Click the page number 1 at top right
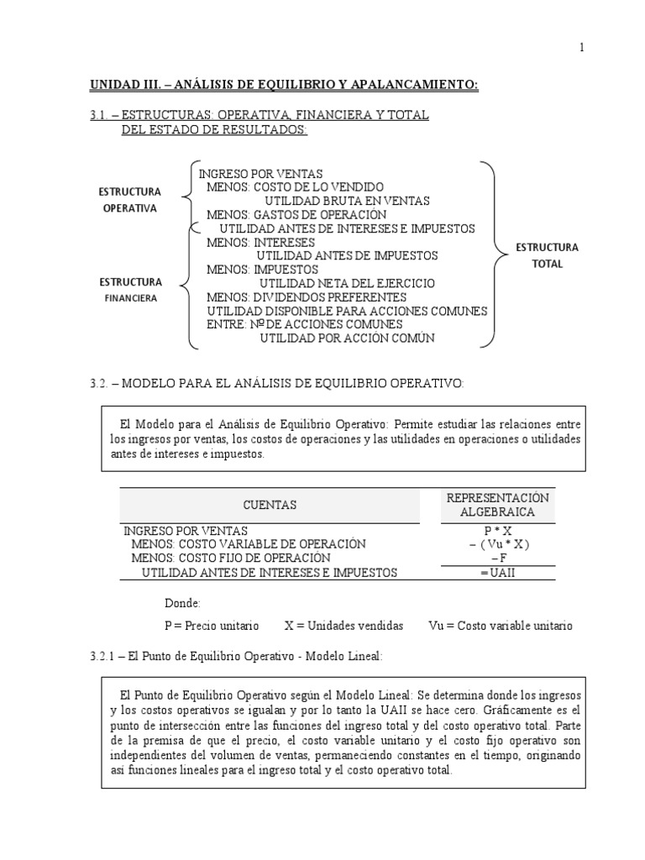tap(580, 48)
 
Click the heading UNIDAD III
tap(125, 85)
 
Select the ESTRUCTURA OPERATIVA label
tap(129, 200)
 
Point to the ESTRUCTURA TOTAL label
tap(547, 255)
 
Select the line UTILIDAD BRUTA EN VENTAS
tap(347, 201)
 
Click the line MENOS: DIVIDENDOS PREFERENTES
tap(307, 297)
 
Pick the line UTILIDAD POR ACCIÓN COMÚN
tap(348, 338)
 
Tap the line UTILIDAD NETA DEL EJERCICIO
tap(347, 284)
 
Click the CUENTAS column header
tap(270, 505)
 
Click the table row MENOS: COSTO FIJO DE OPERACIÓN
tap(231, 558)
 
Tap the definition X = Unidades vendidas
tap(343, 626)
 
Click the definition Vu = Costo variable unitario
tap(500, 626)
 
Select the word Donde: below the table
tap(182, 603)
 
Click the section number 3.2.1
tap(103, 656)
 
